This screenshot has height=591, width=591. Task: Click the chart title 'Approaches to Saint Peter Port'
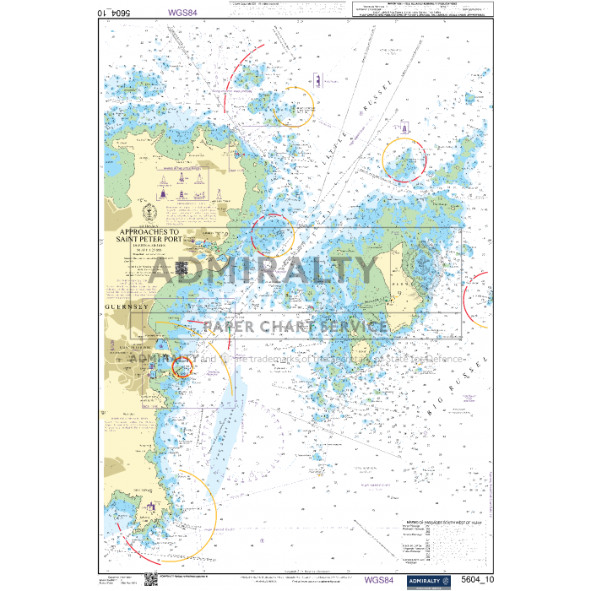pyautogui.click(x=149, y=235)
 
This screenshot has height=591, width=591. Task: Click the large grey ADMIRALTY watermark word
pyautogui.click(x=264, y=271)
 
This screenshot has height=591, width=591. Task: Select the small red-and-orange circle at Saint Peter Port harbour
pyautogui.click(x=182, y=366)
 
